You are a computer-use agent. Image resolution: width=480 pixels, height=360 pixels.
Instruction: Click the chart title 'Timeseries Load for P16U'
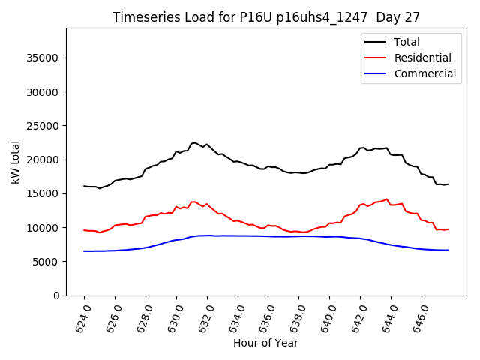[x=265, y=16]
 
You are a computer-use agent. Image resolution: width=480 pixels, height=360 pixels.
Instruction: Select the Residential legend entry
[x=422, y=58]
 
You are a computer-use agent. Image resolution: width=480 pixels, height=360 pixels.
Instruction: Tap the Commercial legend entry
[x=424, y=73]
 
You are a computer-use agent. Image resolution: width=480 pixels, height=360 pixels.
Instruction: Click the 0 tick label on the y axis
[x=57, y=295]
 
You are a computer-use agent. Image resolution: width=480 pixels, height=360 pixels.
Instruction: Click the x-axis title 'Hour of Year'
[x=265, y=343]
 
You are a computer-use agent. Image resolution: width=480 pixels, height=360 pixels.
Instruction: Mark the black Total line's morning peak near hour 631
[x=194, y=142]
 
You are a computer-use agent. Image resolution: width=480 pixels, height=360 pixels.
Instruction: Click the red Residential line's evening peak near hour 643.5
[x=386, y=199]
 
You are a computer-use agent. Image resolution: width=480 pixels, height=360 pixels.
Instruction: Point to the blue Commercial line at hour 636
[x=268, y=236]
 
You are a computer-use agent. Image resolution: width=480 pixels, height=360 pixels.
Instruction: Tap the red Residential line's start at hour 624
[x=84, y=230]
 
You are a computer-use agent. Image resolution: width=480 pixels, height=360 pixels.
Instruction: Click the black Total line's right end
[x=448, y=184]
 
